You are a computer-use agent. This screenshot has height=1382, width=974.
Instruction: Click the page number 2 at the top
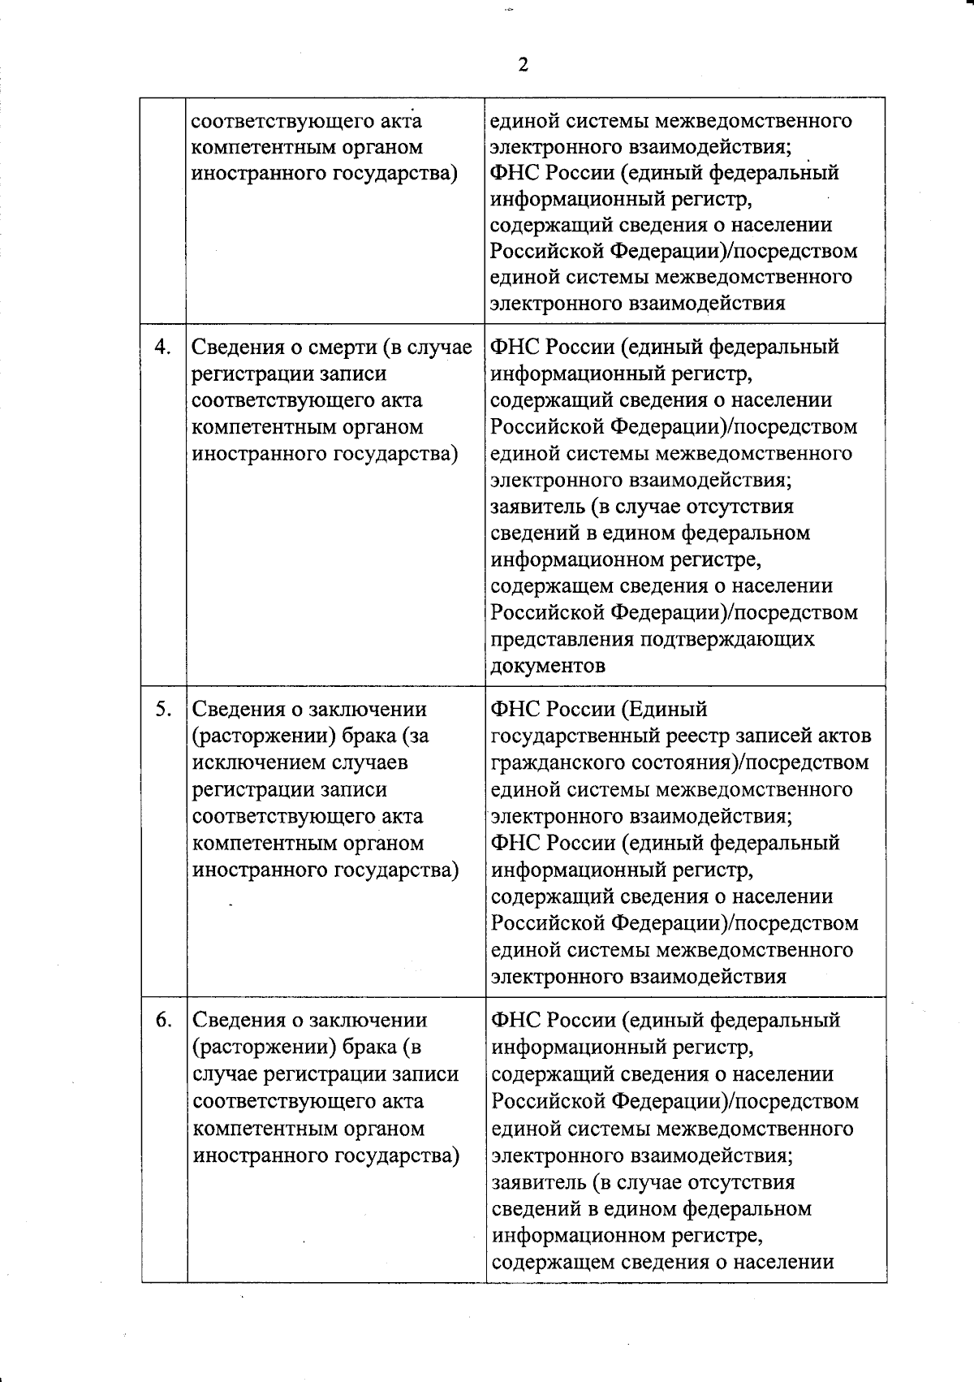pos(523,65)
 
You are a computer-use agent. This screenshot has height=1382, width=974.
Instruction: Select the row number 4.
pos(163,347)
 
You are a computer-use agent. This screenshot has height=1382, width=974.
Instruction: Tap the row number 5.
pos(163,709)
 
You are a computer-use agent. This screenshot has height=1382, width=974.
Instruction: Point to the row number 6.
pos(163,1020)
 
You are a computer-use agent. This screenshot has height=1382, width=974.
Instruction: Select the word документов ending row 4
pos(548,666)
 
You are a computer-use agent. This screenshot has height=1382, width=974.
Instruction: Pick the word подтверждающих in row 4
pos(727,639)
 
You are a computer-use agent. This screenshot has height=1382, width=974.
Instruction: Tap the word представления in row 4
pos(562,639)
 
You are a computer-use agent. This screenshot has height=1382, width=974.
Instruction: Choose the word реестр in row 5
pos(696,736)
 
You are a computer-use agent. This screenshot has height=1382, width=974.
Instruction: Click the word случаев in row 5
pos(371,762)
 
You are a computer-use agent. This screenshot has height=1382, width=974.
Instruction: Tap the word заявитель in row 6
pos(537,1181)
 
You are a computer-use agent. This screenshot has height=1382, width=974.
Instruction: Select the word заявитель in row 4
pos(537,507)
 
